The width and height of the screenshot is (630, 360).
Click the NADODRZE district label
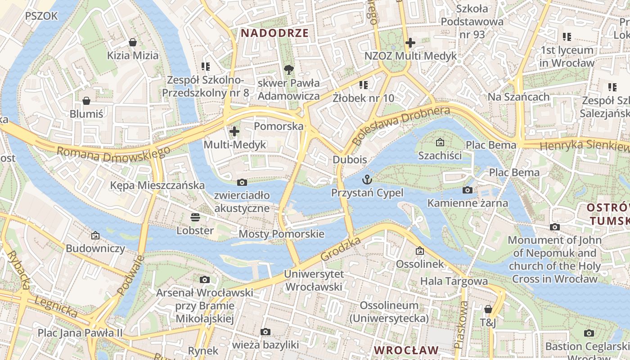click(x=274, y=33)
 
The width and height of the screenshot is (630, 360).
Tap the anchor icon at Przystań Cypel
click(x=367, y=179)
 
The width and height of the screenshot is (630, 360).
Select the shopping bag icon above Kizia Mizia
click(x=133, y=42)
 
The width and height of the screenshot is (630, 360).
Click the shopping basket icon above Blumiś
click(x=86, y=101)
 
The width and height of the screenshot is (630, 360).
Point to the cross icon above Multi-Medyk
click(x=234, y=131)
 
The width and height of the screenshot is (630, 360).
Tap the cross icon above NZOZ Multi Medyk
click(x=410, y=43)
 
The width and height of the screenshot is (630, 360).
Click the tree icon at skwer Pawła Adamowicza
click(x=288, y=70)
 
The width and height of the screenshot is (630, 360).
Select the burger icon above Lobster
click(x=195, y=217)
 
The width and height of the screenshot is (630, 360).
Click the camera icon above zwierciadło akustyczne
click(x=242, y=182)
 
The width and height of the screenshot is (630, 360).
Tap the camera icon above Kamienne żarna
click(x=468, y=190)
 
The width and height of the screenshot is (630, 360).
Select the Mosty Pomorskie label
click(x=281, y=234)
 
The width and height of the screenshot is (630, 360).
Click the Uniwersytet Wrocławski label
click(x=314, y=280)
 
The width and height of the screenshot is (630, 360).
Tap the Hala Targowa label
click(x=454, y=281)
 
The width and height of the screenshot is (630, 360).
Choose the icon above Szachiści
click(x=440, y=143)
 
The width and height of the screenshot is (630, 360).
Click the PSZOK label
click(x=41, y=16)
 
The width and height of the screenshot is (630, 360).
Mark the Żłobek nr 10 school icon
click(x=364, y=85)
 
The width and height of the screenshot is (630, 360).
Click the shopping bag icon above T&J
click(x=488, y=309)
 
